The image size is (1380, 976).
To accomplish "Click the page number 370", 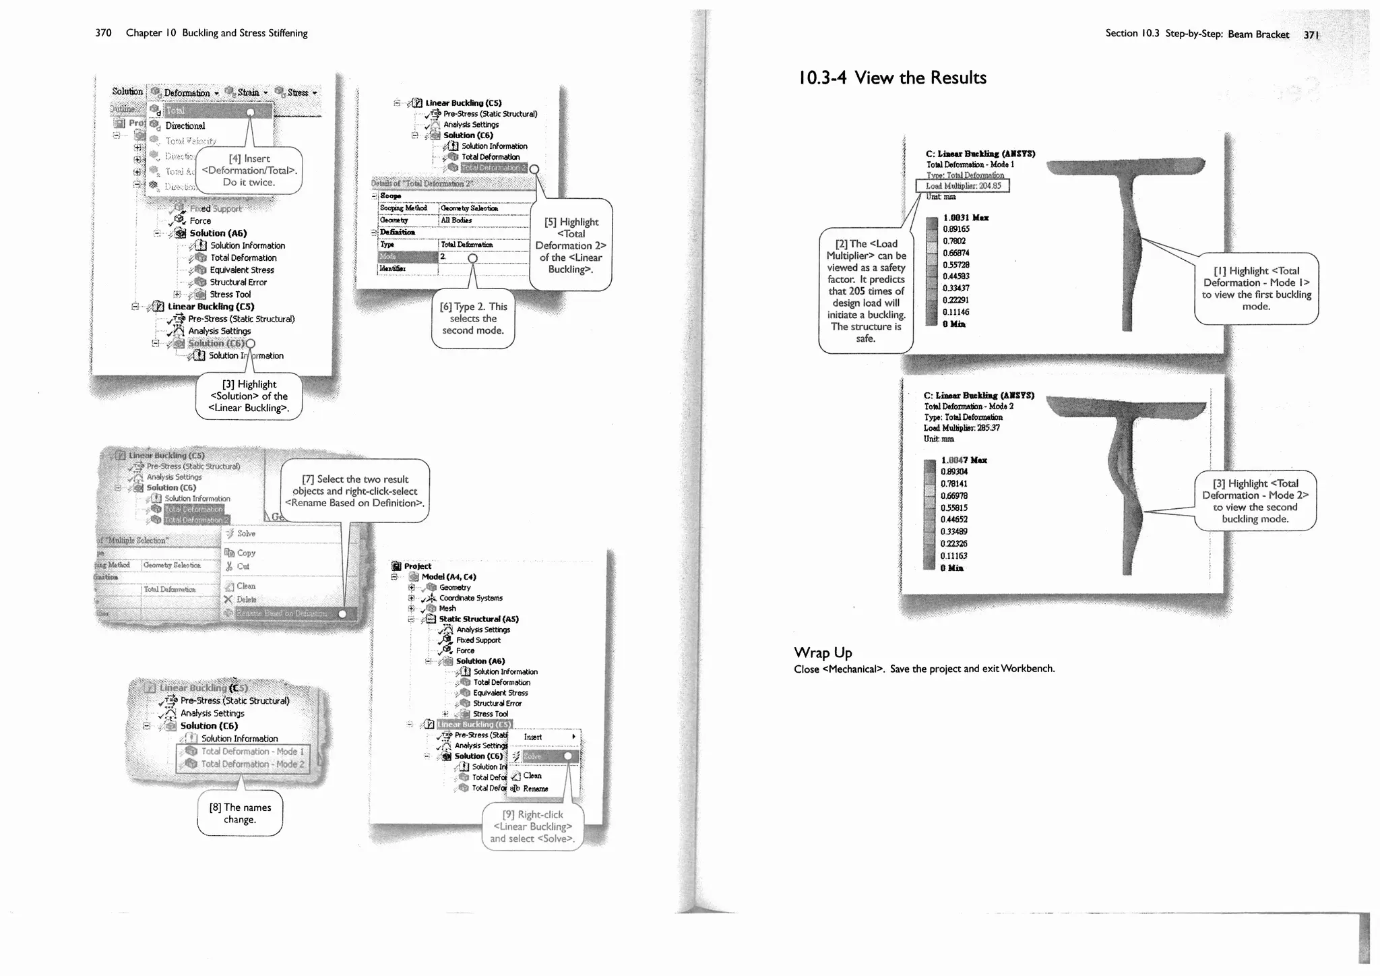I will pos(103,33).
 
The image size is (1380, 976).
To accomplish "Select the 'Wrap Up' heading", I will pos(823,652).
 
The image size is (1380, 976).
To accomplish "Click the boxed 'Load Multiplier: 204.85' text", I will pos(963,186).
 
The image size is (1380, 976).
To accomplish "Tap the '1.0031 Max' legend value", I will pos(966,218).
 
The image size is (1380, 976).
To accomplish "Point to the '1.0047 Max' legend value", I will pos(964,460).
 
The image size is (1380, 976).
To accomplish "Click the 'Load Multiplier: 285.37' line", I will pos(962,428).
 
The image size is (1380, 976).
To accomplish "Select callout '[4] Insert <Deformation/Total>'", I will pos(249,171).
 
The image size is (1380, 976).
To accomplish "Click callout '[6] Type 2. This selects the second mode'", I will pos(473,318).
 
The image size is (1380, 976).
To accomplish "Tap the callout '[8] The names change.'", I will pos(239,814).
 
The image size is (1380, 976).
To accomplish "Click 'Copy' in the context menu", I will pos(246,553).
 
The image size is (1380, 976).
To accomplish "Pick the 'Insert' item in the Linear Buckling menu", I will pos(533,737).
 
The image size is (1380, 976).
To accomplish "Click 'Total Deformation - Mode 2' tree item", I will pos(252,764).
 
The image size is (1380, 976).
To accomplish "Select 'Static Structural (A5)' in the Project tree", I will pos(478,619).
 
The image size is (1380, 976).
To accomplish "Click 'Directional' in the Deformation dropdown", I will pos(185,126).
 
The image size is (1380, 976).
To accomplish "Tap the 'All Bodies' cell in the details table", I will pos(456,220).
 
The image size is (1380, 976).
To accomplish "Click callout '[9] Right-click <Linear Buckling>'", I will pos(532,826).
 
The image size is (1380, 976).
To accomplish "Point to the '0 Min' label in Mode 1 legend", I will pos(953,324).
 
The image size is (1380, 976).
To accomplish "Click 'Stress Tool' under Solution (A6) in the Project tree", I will pos(490,714).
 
